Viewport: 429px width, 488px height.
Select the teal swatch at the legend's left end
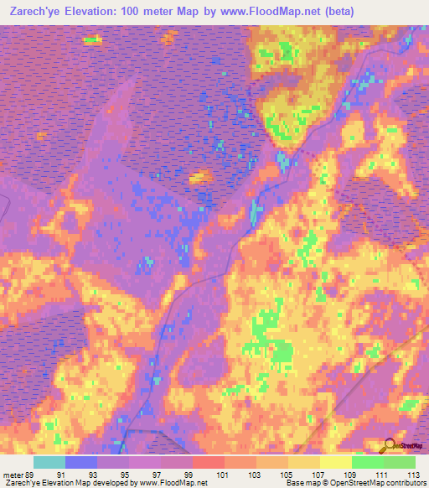tap(49, 462)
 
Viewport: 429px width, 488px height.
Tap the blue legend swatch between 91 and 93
tap(81, 462)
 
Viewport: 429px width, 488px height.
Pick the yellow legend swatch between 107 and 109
tap(335, 462)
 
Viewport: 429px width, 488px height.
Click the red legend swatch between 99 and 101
tap(209, 462)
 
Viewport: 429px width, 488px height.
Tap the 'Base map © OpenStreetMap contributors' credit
tap(359, 483)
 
